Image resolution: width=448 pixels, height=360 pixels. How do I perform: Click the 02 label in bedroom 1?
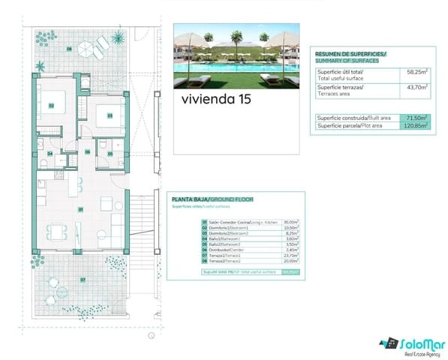(x=51, y=106)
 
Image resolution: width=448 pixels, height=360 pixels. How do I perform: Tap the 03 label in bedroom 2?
(x=110, y=115)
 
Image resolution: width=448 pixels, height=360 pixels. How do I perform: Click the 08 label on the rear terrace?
(x=69, y=49)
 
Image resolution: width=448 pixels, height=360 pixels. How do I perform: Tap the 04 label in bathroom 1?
(x=50, y=154)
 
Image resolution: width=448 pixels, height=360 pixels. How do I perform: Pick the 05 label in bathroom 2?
(x=110, y=154)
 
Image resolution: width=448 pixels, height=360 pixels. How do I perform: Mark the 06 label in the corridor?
(x=88, y=152)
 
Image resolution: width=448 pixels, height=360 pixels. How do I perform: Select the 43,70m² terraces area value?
(x=416, y=88)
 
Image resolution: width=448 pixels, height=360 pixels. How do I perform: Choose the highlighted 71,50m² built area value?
(x=416, y=118)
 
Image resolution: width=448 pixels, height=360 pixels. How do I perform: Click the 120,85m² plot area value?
(x=415, y=126)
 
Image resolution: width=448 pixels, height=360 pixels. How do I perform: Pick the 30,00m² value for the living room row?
(x=290, y=223)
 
